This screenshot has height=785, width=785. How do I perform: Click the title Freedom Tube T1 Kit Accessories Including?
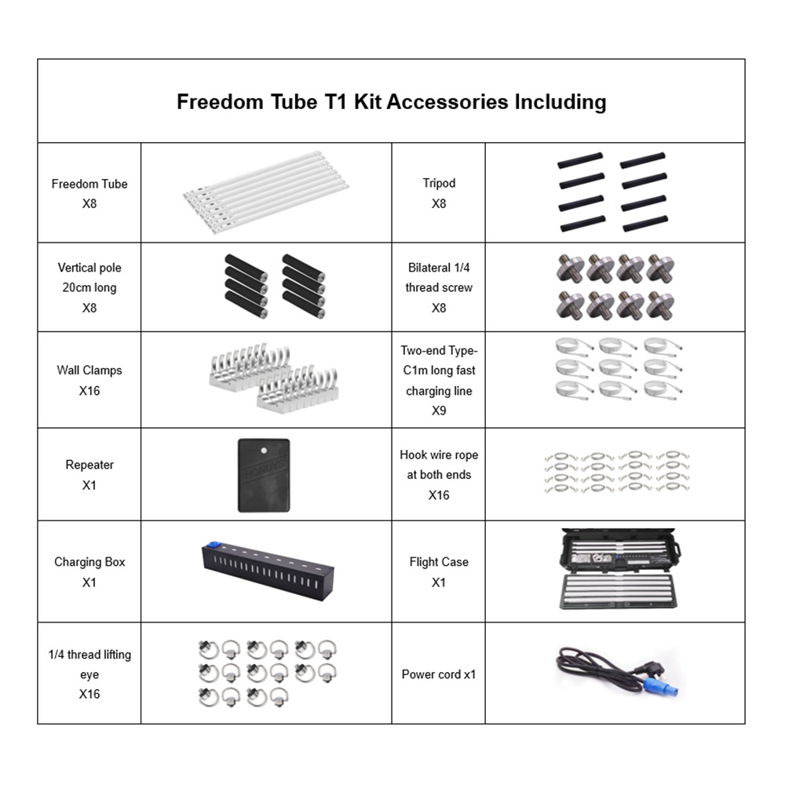[391, 102]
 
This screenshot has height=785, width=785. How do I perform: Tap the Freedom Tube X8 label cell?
[89, 193]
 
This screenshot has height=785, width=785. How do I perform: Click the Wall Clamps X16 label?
[89, 380]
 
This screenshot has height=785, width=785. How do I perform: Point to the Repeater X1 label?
[89, 475]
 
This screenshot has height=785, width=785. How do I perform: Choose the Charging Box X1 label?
[89, 571]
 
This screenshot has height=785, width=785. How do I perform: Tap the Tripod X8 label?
[439, 193]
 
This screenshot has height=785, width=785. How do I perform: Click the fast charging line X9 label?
[439, 380]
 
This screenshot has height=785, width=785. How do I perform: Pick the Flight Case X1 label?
[439, 571]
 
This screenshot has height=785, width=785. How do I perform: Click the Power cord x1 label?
[439, 674]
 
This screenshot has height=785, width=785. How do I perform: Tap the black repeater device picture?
[264, 476]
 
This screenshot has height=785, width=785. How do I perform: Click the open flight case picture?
[615, 571]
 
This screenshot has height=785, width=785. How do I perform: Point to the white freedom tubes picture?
[267, 192]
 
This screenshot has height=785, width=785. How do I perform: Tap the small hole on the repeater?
[265, 450]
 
